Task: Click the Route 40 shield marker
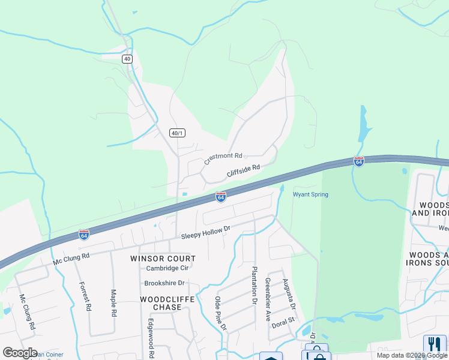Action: coord(127,58)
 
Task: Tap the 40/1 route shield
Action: coord(176,133)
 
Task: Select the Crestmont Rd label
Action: coord(223,158)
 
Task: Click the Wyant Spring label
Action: coord(310,194)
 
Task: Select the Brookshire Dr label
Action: coord(164,283)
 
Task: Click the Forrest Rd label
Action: coord(85,296)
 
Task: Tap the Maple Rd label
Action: coord(113,304)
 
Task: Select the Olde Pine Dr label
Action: coord(220,313)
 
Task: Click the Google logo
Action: coord(20,352)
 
